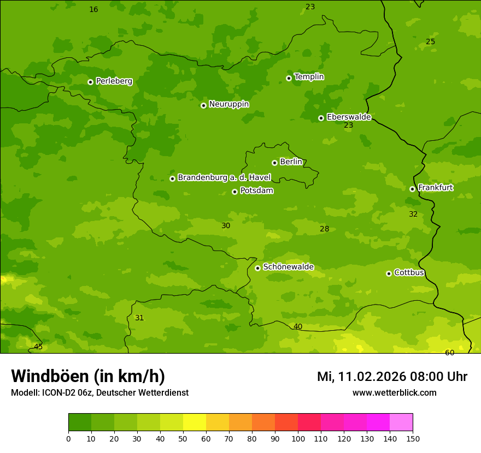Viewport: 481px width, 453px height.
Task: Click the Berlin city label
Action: click(x=291, y=162)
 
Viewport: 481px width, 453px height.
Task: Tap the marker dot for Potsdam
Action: click(x=234, y=192)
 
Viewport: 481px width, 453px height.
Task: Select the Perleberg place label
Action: click(x=114, y=81)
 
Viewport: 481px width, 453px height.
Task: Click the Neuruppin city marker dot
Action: click(x=203, y=105)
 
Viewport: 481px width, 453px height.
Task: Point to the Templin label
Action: click(x=309, y=77)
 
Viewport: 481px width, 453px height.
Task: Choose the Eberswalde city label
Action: click(x=349, y=117)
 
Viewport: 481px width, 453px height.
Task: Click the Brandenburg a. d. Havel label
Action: click(x=224, y=178)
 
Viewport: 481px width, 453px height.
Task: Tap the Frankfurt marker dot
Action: click(x=412, y=189)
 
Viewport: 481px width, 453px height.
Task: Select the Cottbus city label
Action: click(x=409, y=273)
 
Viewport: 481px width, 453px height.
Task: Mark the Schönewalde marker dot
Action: click(x=257, y=268)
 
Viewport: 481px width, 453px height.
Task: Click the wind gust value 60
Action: click(x=449, y=353)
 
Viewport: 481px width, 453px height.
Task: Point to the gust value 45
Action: click(x=38, y=347)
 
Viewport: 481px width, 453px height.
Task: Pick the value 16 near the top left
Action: click(x=93, y=10)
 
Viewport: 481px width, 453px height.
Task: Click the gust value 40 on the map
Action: click(x=298, y=327)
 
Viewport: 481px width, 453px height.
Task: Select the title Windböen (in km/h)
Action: click(x=88, y=376)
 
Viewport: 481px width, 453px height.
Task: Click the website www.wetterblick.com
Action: click(x=394, y=393)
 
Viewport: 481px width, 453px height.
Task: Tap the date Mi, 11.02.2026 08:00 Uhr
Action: click(x=392, y=377)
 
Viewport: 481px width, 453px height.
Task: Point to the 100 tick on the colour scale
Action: click(x=298, y=438)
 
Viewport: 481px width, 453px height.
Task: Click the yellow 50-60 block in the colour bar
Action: click(x=195, y=422)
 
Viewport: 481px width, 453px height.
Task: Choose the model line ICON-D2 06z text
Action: click(x=99, y=393)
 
